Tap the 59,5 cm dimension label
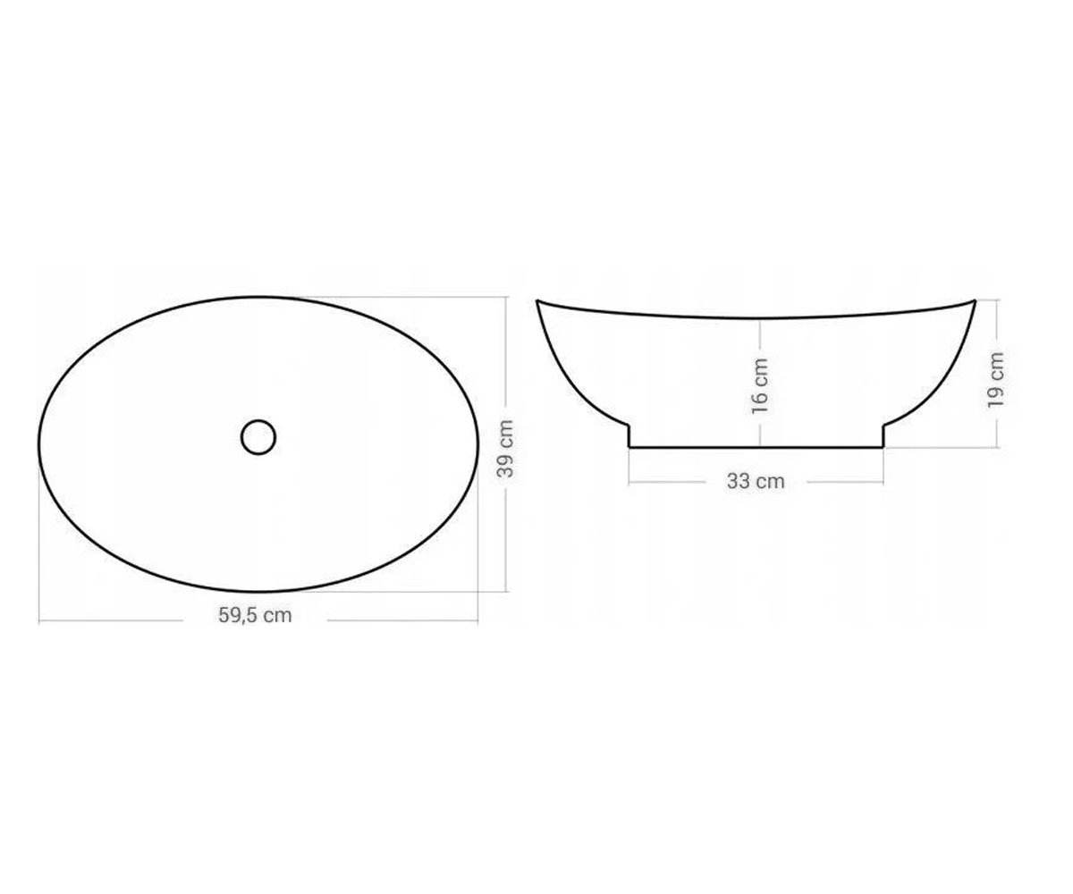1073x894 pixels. pyautogui.click(x=255, y=615)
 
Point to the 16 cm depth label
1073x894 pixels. pyautogui.click(x=759, y=386)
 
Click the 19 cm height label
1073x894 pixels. pyautogui.click(x=995, y=380)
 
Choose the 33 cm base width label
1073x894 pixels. pyautogui.click(x=756, y=482)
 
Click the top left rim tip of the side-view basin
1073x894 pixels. pyautogui.click(x=537, y=300)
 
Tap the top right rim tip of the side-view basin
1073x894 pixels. pyautogui.click(x=975, y=300)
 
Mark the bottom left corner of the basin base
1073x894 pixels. pyautogui.click(x=629, y=448)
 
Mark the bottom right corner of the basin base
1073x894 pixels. pyautogui.click(x=883, y=448)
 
